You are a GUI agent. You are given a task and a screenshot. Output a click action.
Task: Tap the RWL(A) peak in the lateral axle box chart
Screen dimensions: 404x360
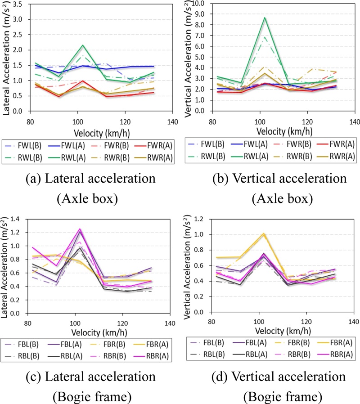[82, 45]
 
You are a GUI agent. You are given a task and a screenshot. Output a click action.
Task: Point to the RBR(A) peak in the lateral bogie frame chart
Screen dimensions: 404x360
[80, 229]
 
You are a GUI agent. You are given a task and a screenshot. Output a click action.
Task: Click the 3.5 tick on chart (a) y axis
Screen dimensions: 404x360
[16, 4]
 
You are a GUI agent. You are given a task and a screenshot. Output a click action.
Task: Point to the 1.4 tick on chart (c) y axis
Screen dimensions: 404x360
[16, 219]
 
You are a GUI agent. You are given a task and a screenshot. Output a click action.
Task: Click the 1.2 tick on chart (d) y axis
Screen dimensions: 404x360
[195, 219]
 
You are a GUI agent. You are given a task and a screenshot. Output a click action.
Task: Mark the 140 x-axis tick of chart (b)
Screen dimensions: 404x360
[354, 121]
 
